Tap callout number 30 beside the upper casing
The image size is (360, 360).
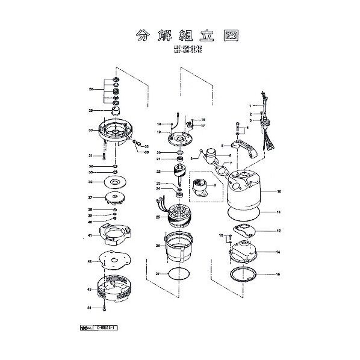click(90, 130)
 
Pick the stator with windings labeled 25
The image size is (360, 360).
click(179, 216)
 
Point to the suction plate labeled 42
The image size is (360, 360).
click(113, 262)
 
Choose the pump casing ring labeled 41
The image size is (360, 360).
click(113, 235)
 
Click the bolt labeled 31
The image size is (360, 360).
click(104, 156)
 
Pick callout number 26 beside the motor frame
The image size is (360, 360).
click(158, 245)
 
